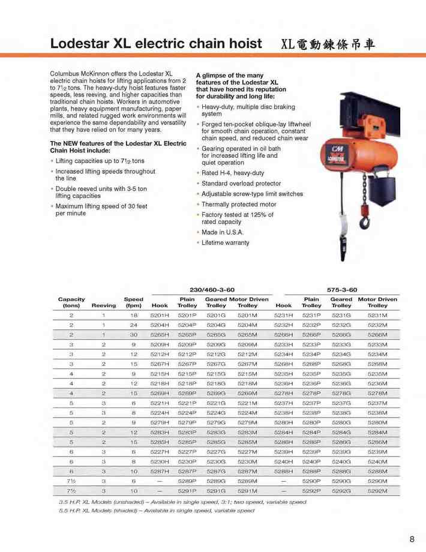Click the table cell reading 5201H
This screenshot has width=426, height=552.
coord(160,315)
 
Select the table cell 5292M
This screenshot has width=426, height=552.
coord(377,491)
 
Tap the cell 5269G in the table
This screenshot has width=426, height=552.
coord(216,393)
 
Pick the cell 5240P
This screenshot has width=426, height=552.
coord(311,461)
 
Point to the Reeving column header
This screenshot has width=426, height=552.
coord(103,306)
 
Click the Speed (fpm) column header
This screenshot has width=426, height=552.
coord(134,302)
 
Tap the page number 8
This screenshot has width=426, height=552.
coord(412,539)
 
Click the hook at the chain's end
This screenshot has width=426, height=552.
coord(365,223)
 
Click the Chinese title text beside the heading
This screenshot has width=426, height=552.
coord(328,44)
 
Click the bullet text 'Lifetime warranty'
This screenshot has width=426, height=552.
coord(225,243)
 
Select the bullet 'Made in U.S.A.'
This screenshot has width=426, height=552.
coord(223,232)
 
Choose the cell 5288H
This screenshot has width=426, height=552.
coord(283,472)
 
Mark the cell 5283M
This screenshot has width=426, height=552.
coord(247,432)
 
